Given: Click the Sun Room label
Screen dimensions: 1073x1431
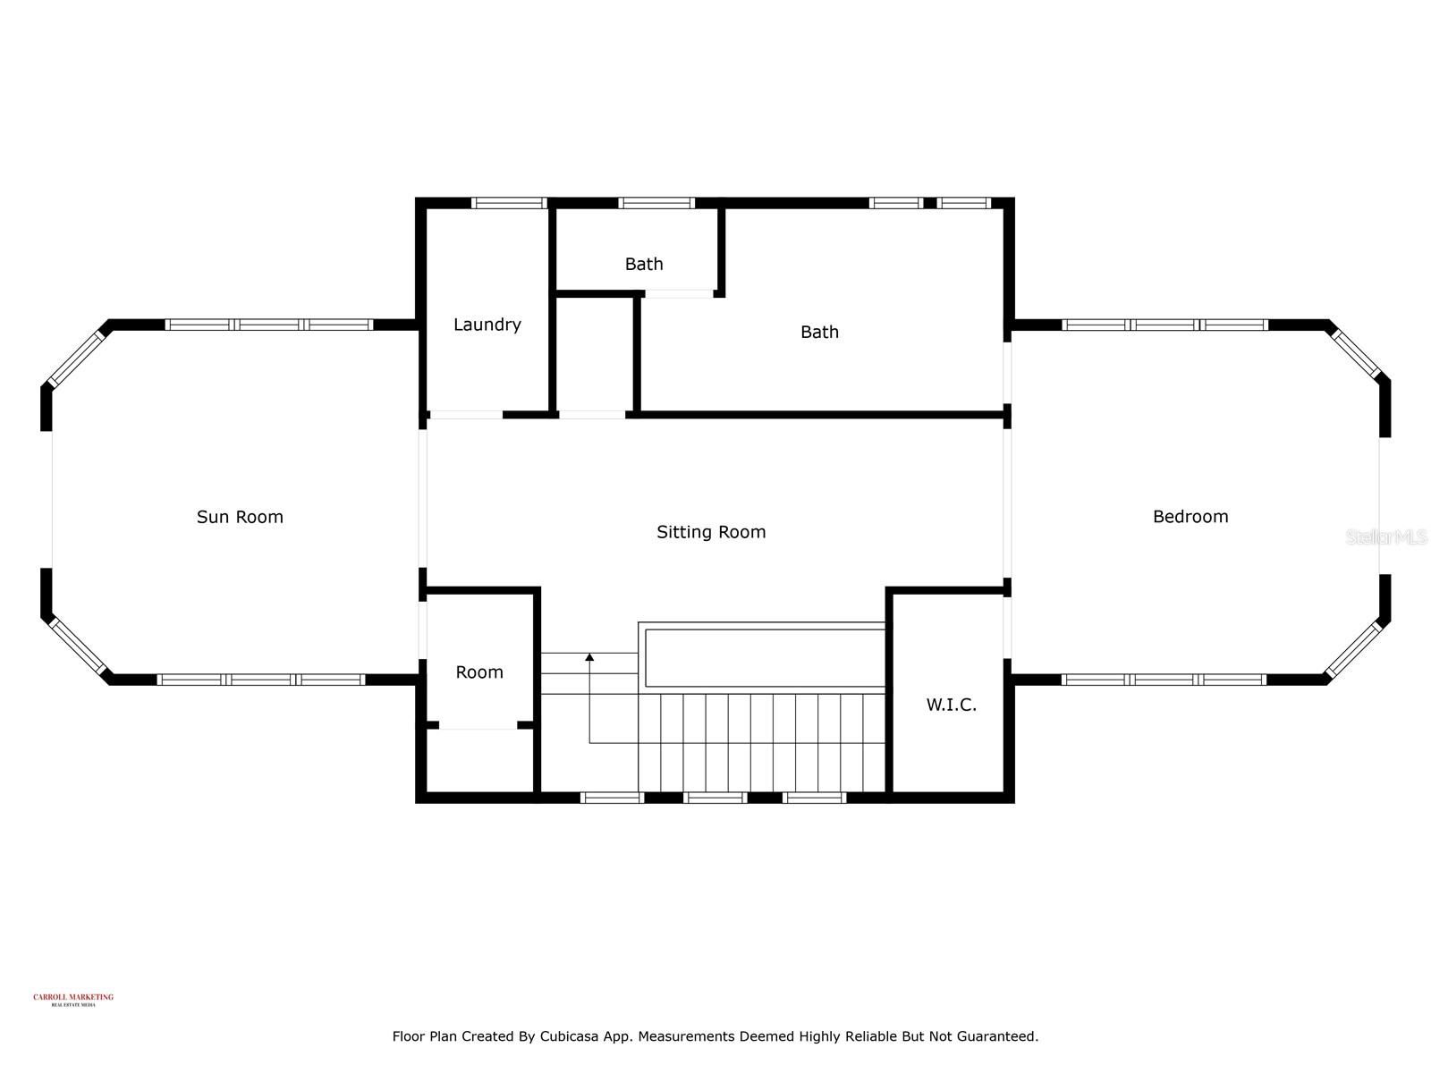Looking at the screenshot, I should pos(240,517).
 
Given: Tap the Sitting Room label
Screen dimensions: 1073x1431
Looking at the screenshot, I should pos(711,532).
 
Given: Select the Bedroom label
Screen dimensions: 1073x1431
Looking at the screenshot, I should pos(1190,517).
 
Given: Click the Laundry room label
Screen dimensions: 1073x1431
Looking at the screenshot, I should pos(487,325).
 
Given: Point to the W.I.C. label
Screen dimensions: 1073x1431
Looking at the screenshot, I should pos(951,705).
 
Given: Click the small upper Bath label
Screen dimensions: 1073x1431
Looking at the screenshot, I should pos(644,264).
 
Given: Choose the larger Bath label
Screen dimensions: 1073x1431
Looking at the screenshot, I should pos(819,332).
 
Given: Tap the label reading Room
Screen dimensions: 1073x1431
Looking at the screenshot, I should pos(479,672).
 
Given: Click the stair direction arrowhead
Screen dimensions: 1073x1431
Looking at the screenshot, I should pos(589,658).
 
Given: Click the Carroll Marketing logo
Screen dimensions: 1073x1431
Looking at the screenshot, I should pos(73,1000).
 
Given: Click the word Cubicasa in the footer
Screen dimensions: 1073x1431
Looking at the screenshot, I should pos(572,1036).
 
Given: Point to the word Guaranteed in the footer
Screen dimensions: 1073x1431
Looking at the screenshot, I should pos(997,1036).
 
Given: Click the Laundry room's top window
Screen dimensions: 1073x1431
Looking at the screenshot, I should pos(509,203).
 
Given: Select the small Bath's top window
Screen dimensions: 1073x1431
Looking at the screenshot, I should pos(656,203).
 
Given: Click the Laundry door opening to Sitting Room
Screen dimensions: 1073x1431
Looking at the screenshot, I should pos(465,415).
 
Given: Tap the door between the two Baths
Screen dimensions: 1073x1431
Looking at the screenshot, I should pos(680,293).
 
